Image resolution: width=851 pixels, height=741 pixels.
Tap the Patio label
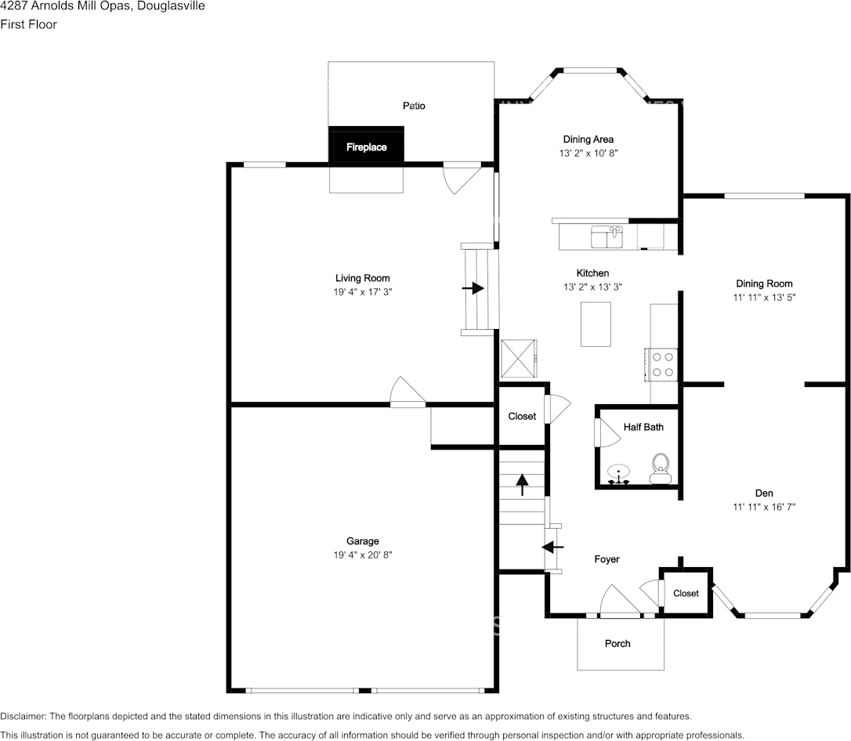414,106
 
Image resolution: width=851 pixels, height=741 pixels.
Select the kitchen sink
607,237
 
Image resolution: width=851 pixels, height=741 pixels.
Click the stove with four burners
661,364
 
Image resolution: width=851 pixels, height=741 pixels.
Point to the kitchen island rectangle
596,324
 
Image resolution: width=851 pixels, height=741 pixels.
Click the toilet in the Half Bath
661,468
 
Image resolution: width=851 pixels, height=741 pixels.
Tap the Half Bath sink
618,474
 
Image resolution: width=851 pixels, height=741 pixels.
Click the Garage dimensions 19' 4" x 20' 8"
363,555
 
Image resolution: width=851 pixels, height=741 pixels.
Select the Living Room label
363,278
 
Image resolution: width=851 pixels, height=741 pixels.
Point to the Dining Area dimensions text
588,153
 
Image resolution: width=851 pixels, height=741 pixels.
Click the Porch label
617,643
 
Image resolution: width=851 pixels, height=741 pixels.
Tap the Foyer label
607,559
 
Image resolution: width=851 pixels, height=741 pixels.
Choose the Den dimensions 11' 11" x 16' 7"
764,507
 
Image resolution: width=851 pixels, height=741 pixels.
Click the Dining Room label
764,284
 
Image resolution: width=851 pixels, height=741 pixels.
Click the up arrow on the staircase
522,484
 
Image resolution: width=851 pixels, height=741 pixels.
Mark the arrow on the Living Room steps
473,288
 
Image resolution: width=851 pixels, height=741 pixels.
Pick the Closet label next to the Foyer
686,593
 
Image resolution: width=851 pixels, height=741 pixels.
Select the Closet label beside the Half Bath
522,416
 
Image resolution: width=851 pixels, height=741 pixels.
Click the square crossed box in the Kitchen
519,358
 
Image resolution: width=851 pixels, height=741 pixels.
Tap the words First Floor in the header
28,24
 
